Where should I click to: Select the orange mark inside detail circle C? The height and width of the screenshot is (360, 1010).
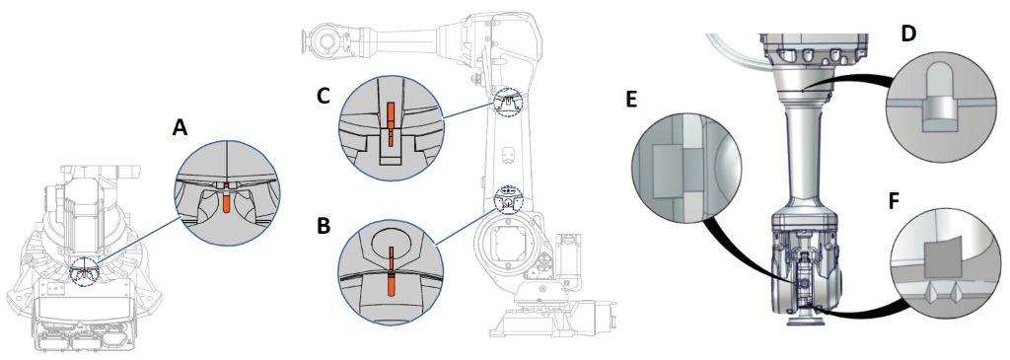click(x=390, y=122)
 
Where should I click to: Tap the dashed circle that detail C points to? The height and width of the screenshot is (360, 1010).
click(x=509, y=102)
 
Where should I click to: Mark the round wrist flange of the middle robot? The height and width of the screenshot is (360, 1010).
click(x=325, y=41)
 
